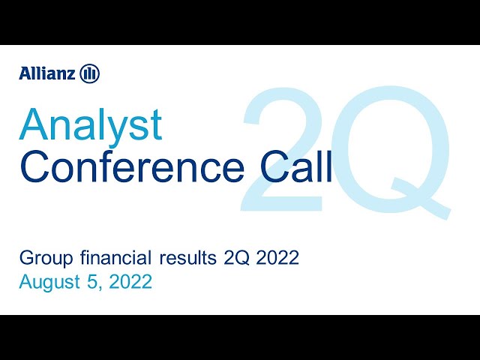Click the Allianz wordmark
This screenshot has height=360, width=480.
pyautogui.click(x=46, y=73)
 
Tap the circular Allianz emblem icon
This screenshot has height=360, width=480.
pyautogui.click(x=89, y=73)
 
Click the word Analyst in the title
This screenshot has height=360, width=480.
pyautogui.click(x=91, y=125)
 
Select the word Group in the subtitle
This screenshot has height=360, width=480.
pyautogui.click(x=40, y=259)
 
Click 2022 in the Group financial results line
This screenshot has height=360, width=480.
pyautogui.click(x=279, y=259)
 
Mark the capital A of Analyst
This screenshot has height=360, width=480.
pyautogui.click(x=33, y=125)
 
